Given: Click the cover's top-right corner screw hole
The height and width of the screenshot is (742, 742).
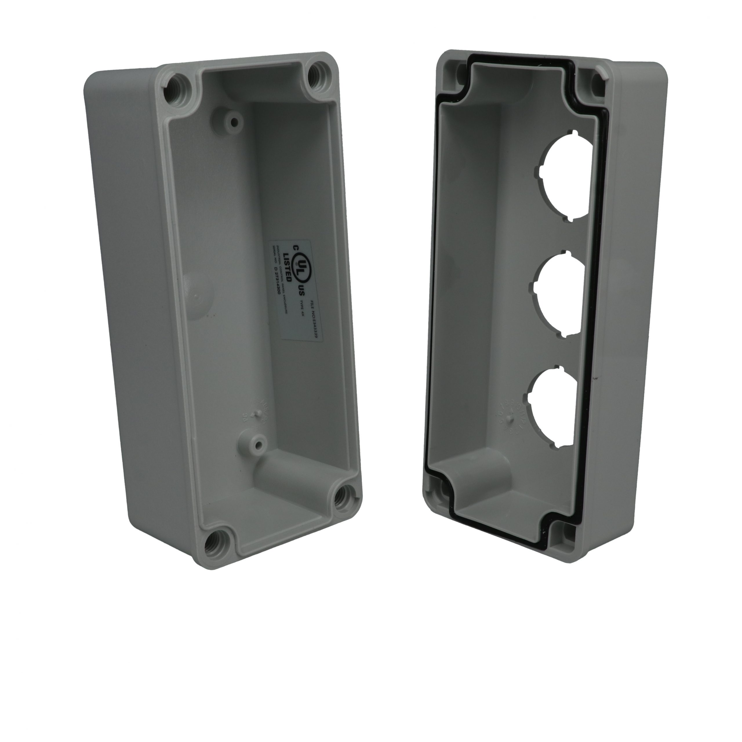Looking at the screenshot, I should coord(598,81).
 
